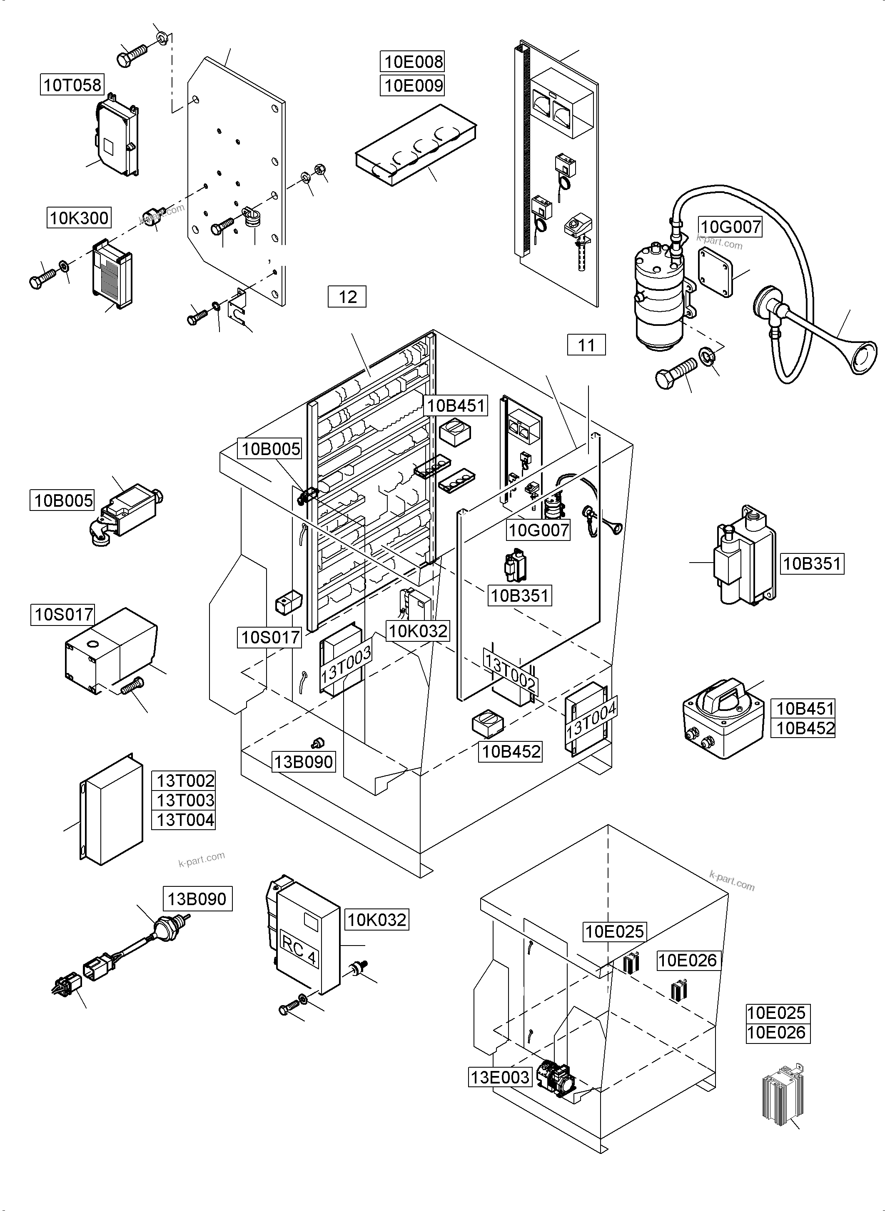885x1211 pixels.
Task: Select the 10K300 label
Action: (79, 218)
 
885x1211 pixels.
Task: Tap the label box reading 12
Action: (347, 296)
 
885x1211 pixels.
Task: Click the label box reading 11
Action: (586, 345)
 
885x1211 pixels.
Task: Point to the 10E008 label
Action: (412, 62)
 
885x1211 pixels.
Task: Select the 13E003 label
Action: (500, 1076)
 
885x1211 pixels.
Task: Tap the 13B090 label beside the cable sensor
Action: (197, 898)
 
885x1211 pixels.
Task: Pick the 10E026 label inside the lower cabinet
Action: (687, 960)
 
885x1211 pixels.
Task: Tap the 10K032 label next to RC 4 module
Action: (376, 920)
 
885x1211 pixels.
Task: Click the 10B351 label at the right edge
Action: (812, 563)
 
